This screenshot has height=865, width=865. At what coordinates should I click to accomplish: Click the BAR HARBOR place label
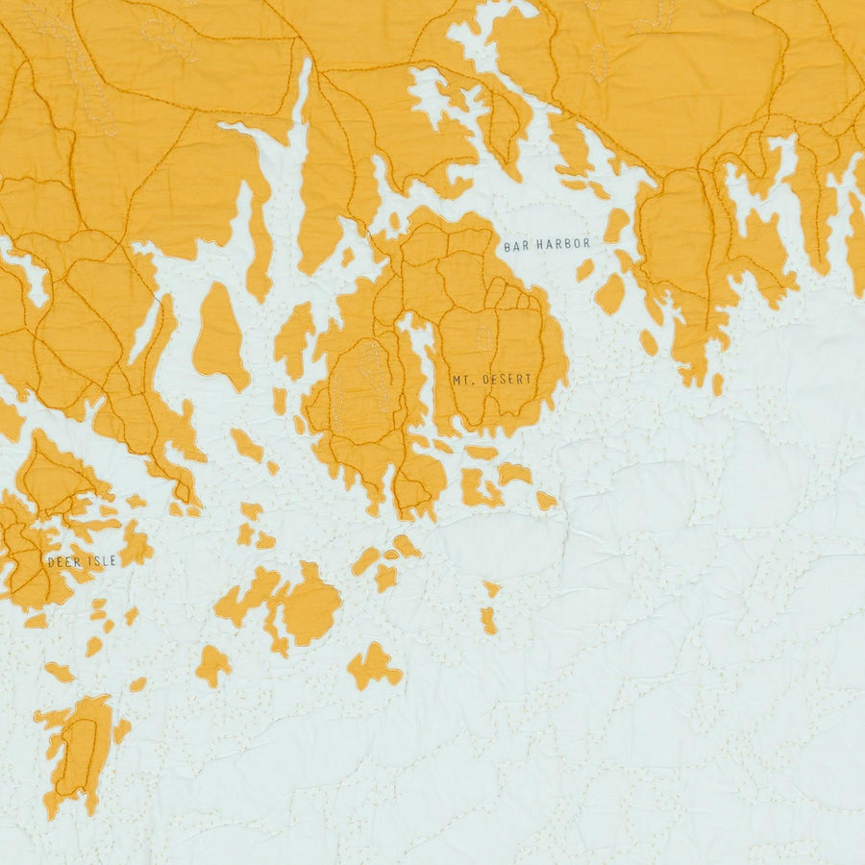click(x=546, y=245)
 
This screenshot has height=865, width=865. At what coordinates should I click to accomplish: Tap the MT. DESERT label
click(x=491, y=380)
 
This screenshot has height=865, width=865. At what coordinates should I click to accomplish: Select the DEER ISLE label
click(x=82, y=561)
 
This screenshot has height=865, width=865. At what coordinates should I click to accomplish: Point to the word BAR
click(x=514, y=245)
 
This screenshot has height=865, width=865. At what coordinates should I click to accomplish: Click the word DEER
click(x=63, y=561)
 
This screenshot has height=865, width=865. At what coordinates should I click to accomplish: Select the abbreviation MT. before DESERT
click(x=462, y=380)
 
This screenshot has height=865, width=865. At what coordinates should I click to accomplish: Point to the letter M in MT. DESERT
click(x=457, y=380)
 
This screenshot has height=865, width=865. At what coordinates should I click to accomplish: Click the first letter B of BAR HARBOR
click(x=507, y=245)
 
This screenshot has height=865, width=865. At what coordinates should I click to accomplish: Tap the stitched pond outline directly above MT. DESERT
click(x=482, y=336)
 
